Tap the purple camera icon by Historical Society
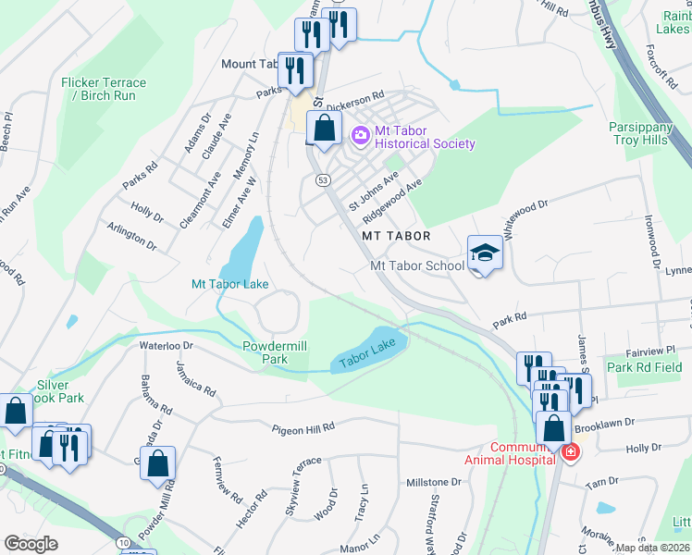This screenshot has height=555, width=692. coord(360,136)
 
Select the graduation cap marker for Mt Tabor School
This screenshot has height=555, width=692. coord(485,253)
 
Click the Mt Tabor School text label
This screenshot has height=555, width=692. coord(417,265)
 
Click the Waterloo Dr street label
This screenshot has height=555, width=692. coord(165,345)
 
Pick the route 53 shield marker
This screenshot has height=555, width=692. coord(322,179)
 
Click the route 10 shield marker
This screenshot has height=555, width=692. coord(124,541)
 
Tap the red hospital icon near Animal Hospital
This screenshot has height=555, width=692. coord(571,452)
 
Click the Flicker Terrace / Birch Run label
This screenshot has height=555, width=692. coord(104,89)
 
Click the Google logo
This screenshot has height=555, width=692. coord(31,544)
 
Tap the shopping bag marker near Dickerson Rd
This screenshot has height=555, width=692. coord(324,129)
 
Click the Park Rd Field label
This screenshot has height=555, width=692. coord(645,367)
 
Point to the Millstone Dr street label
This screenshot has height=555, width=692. coord(433,482)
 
